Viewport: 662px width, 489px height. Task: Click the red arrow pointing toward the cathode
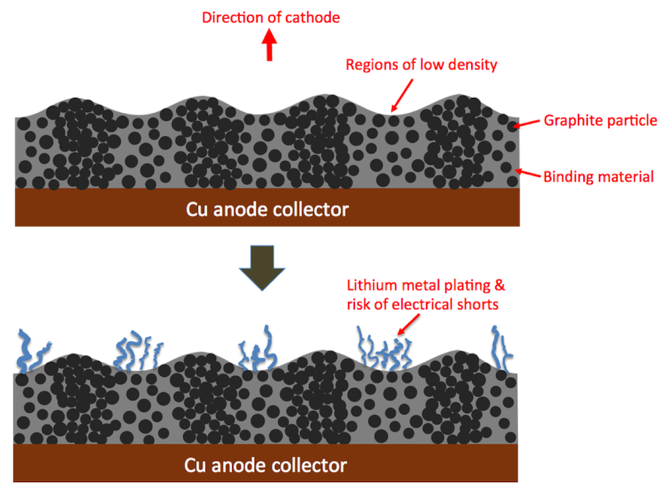(x=269, y=47)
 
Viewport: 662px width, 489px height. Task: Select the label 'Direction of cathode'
(x=270, y=17)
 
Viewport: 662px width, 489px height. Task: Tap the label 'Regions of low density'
(x=421, y=65)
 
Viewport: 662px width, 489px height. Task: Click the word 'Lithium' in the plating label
(x=370, y=286)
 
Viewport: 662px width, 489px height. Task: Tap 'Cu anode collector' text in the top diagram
(x=266, y=209)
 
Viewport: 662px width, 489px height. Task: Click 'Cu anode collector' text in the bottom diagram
(x=266, y=465)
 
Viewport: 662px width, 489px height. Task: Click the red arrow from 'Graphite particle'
(x=529, y=122)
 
